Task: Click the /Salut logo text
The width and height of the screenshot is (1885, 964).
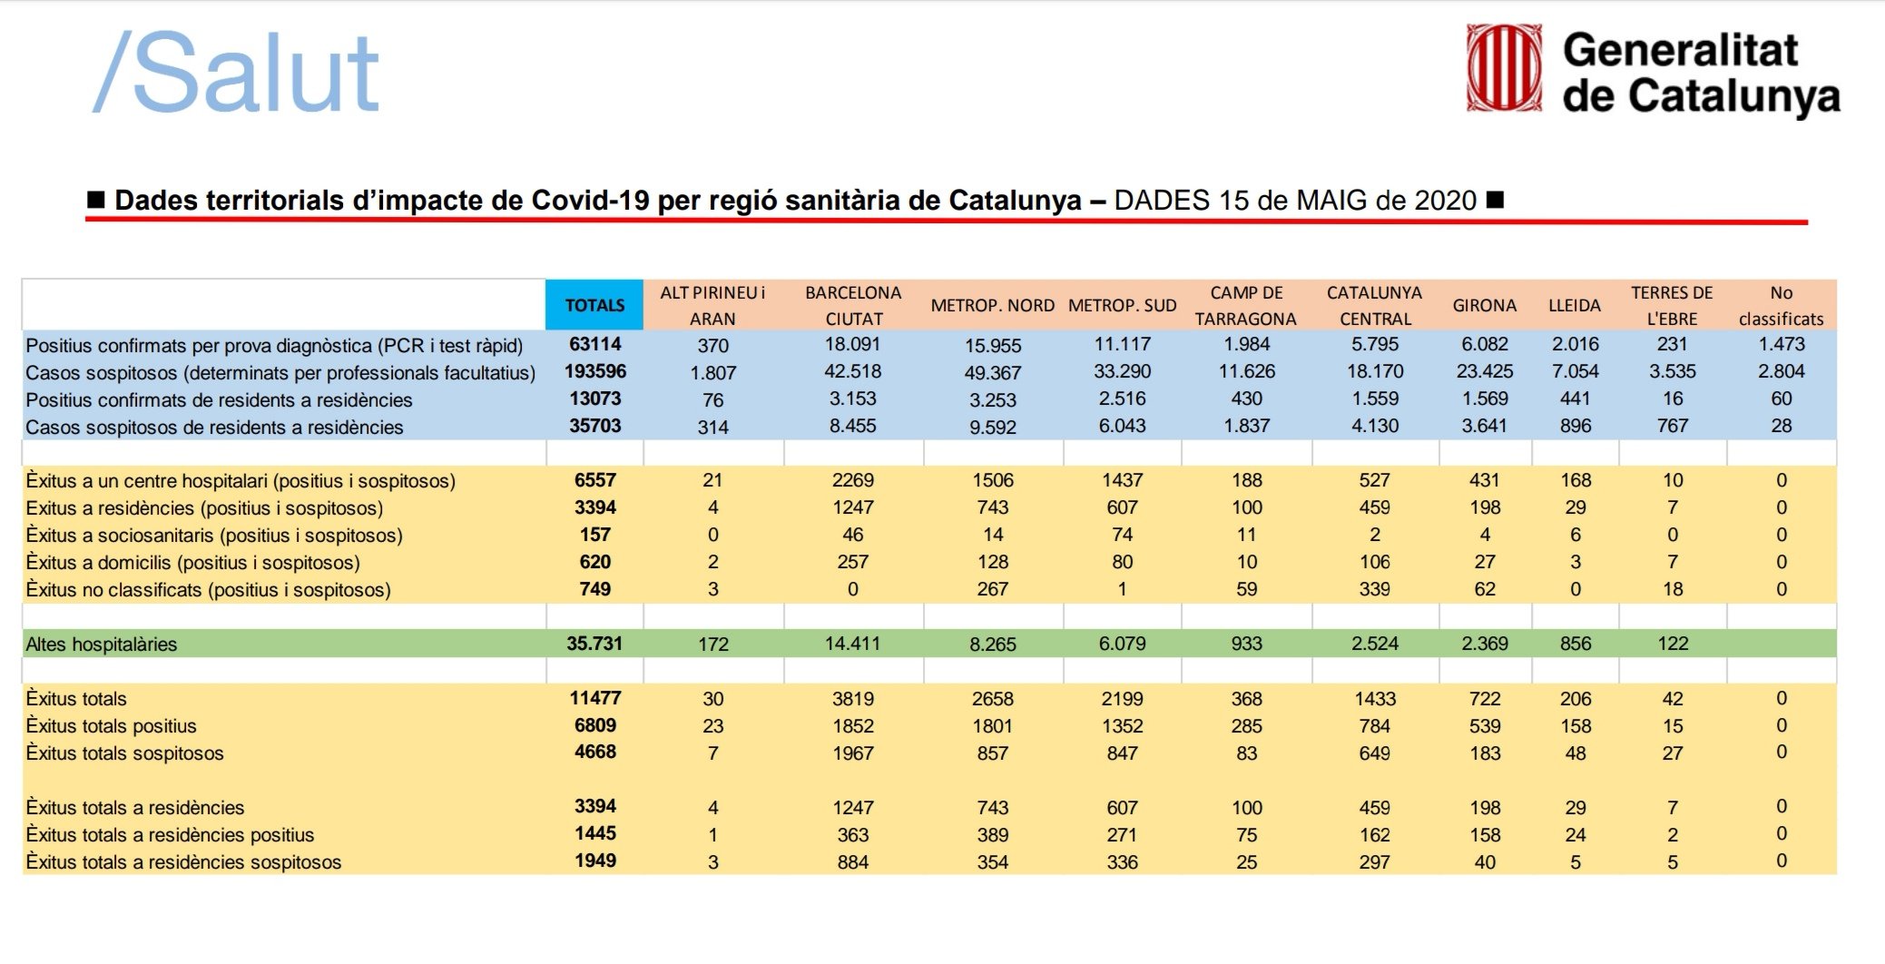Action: click(236, 73)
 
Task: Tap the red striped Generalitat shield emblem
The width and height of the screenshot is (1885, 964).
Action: click(1504, 68)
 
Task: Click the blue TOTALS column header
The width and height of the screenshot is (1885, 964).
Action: click(594, 305)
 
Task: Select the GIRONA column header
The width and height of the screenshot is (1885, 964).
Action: click(1484, 306)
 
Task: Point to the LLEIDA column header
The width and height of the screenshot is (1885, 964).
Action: click(1574, 306)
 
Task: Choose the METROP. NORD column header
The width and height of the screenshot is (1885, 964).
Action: click(992, 306)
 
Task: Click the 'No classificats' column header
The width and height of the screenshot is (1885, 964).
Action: click(1781, 306)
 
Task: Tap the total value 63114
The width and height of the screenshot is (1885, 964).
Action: click(595, 344)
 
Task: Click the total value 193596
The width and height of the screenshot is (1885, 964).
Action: click(595, 371)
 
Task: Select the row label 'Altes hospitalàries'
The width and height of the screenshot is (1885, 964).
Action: click(102, 644)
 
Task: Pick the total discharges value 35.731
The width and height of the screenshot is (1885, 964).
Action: click(594, 644)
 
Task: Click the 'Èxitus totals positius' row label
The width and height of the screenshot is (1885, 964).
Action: click(111, 726)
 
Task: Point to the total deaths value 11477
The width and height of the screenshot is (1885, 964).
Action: click(595, 698)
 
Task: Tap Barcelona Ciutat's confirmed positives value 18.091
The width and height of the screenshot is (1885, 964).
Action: click(852, 344)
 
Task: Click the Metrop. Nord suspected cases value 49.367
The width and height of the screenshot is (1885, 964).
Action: click(993, 373)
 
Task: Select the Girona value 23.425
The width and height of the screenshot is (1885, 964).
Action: click(1485, 371)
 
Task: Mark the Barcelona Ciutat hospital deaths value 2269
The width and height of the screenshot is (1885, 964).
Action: click(853, 480)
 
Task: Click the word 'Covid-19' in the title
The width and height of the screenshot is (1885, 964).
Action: click(590, 200)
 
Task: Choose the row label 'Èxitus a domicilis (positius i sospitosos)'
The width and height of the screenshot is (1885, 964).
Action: click(192, 563)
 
